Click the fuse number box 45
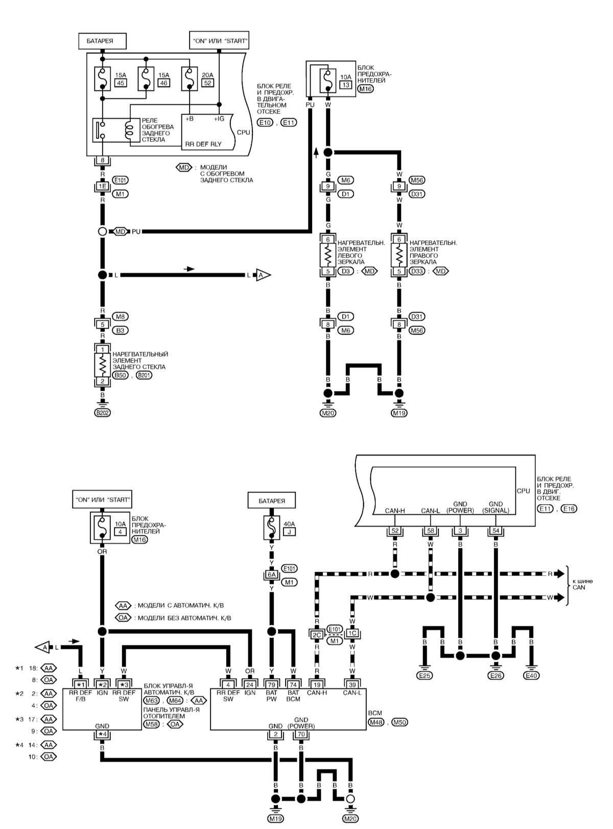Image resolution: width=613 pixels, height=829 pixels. (121, 83)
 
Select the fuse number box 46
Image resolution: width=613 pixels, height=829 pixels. (164, 83)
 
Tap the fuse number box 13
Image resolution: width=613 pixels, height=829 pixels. (346, 85)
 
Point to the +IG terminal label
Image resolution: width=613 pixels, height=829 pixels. (219, 119)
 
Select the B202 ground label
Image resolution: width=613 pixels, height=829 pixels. (103, 413)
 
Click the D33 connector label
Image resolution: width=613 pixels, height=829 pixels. (417, 271)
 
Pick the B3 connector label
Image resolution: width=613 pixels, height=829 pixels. (120, 330)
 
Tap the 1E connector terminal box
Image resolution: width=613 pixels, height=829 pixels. (103, 186)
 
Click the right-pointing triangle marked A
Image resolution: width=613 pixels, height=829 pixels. (263, 275)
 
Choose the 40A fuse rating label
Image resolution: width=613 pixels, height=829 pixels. (289, 524)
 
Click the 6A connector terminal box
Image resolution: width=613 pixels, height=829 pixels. (271, 575)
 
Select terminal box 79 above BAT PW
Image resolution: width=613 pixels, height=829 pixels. (271, 684)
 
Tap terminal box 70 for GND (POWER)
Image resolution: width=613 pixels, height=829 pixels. (301, 735)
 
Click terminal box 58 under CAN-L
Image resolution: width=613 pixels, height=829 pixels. (431, 531)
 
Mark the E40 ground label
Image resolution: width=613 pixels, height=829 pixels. (531, 675)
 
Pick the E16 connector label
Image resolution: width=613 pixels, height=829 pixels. (569, 508)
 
